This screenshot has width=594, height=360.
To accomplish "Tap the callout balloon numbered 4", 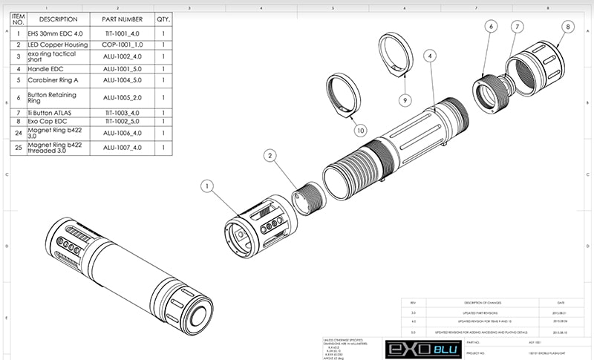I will pos(431,55).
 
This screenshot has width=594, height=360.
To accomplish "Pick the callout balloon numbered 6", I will pos(491,27).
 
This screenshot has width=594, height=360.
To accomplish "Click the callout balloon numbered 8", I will pos(568,27).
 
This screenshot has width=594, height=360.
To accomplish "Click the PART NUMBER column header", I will pos(122,19).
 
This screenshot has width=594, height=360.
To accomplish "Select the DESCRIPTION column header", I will pos(58,19).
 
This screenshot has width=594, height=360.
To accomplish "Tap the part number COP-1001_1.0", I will pos(122,45).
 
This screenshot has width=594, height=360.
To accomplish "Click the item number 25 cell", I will pos(18,147).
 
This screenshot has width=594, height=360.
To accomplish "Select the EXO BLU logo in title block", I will pos(422,348).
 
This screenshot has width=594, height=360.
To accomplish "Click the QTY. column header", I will pos(163,19).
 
